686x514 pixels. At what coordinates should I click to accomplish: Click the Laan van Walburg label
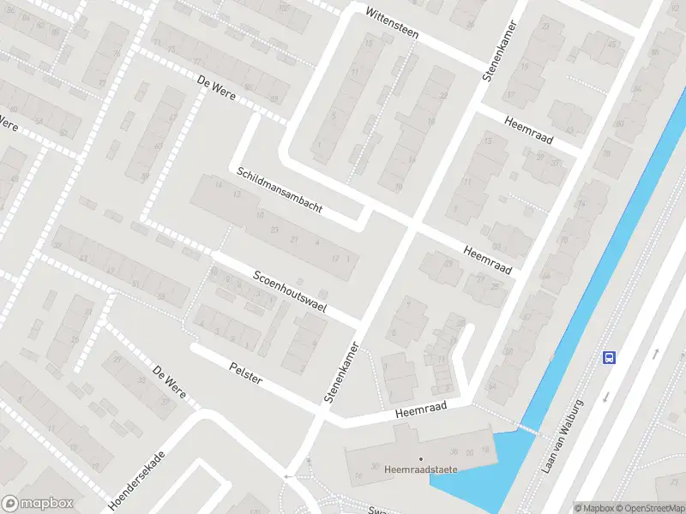(563, 436)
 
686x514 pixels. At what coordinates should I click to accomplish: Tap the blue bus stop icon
(609, 357)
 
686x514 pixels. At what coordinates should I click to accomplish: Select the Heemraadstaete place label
(421, 469)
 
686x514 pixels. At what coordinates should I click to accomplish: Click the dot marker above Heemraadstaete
(421, 458)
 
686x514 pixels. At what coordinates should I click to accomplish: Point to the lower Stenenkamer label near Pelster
(340, 369)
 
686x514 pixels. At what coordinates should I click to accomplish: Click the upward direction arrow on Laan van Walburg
(654, 352)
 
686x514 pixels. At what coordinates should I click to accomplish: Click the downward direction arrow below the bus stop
(605, 397)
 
